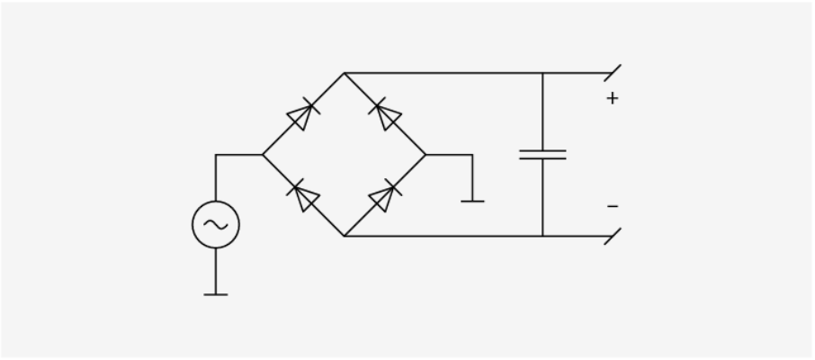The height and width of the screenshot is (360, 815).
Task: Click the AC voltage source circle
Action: (216, 225)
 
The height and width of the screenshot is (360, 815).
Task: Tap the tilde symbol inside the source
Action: (216, 225)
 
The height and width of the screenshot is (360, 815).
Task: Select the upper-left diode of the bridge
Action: (302, 115)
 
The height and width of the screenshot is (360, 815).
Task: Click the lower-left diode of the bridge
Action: (303, 195)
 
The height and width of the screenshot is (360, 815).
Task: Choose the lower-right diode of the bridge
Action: (385, 195)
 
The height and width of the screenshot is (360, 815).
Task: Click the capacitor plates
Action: (542, 155)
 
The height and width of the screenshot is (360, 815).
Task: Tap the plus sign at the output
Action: (613, 98)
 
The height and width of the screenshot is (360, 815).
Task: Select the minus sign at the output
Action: (613, 207)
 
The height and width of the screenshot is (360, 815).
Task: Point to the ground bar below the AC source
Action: (216, 293)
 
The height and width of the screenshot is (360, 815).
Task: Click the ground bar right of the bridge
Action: (472, 201)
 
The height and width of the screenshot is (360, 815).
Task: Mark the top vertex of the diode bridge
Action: (345, 73)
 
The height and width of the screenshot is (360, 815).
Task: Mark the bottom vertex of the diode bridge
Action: (345, 236)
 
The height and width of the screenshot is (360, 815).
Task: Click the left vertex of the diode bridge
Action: (263, 155)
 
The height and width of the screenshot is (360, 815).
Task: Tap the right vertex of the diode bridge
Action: (426, 155)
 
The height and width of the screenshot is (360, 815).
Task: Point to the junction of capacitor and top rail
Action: (542, 73)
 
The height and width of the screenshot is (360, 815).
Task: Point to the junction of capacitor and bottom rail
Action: (542, 236)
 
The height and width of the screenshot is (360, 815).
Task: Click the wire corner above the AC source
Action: (216, 155)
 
